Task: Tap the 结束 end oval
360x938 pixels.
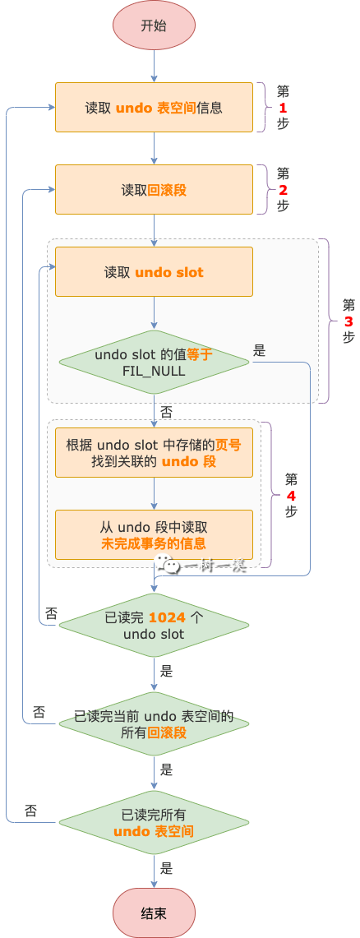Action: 154,913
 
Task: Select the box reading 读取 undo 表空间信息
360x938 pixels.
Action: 154,108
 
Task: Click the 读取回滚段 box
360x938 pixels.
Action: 154,190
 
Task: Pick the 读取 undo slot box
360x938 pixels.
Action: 154,272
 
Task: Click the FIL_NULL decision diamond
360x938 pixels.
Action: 154,363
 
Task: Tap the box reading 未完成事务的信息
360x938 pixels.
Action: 154,535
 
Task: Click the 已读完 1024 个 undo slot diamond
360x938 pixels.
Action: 154,625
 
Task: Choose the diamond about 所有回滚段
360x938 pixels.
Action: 154,723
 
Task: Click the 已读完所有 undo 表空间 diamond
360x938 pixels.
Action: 154,823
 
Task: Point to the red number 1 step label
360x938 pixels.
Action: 283,108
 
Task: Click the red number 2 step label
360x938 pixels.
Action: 283,190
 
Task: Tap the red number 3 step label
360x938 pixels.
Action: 348,321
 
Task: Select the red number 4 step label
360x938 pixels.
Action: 291,496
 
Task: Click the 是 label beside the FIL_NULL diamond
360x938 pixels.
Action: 259,351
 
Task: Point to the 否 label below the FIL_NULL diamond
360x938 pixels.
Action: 166,412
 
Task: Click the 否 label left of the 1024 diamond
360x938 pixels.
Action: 52,613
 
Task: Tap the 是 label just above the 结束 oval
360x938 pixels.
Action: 166,868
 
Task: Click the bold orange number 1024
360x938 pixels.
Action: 167,617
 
